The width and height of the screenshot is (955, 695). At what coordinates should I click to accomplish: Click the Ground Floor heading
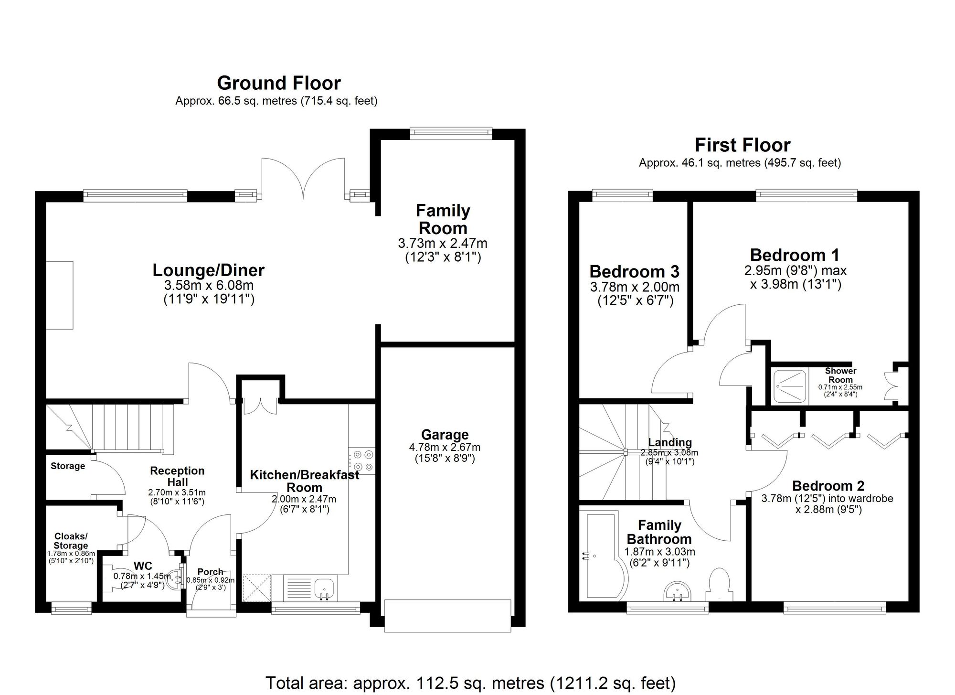click(279, 83)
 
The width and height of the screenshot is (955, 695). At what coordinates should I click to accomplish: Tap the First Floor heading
click(743, 145)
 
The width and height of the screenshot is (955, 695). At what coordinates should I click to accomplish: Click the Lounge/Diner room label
click(208, 270)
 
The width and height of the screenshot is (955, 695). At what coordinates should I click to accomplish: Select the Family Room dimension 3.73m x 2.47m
click(443, 244)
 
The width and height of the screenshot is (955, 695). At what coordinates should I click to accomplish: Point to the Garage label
click(445, 435)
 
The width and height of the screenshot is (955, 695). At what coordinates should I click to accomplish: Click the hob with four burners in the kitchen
click(361, 461)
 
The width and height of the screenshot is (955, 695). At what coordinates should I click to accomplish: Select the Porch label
click(210, 572)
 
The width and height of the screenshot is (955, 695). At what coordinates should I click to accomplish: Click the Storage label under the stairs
click(68, 466)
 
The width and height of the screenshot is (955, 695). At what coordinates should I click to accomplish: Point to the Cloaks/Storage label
click(71, 541)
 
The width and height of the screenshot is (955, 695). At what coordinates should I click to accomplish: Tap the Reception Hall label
click(177, 476)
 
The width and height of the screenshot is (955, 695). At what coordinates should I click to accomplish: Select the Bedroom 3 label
click(634, 272)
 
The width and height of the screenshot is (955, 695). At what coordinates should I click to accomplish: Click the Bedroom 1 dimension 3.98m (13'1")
click(795, 285)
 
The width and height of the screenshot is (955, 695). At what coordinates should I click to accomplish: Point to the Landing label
click(669, 442)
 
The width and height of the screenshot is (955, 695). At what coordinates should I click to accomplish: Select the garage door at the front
click(447, 616)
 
